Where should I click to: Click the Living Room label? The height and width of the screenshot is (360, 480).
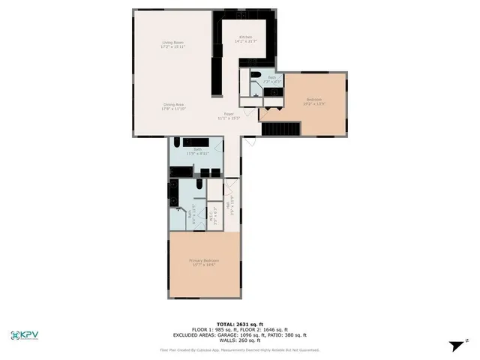(x=173, y=46)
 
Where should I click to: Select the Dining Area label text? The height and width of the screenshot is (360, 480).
(x=173, y=107)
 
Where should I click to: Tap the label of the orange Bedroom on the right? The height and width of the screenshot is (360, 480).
(x=315, y=101)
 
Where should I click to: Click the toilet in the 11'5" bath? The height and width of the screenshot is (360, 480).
(x=177, y=142)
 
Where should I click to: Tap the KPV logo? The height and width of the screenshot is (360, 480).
(x=29, y=335)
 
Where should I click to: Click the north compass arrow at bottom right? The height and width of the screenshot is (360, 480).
(x=454, y=346)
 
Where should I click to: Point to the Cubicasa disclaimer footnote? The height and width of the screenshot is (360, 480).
(x=239, y=349)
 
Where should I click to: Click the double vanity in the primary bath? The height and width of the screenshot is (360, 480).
(x=172, y=195)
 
